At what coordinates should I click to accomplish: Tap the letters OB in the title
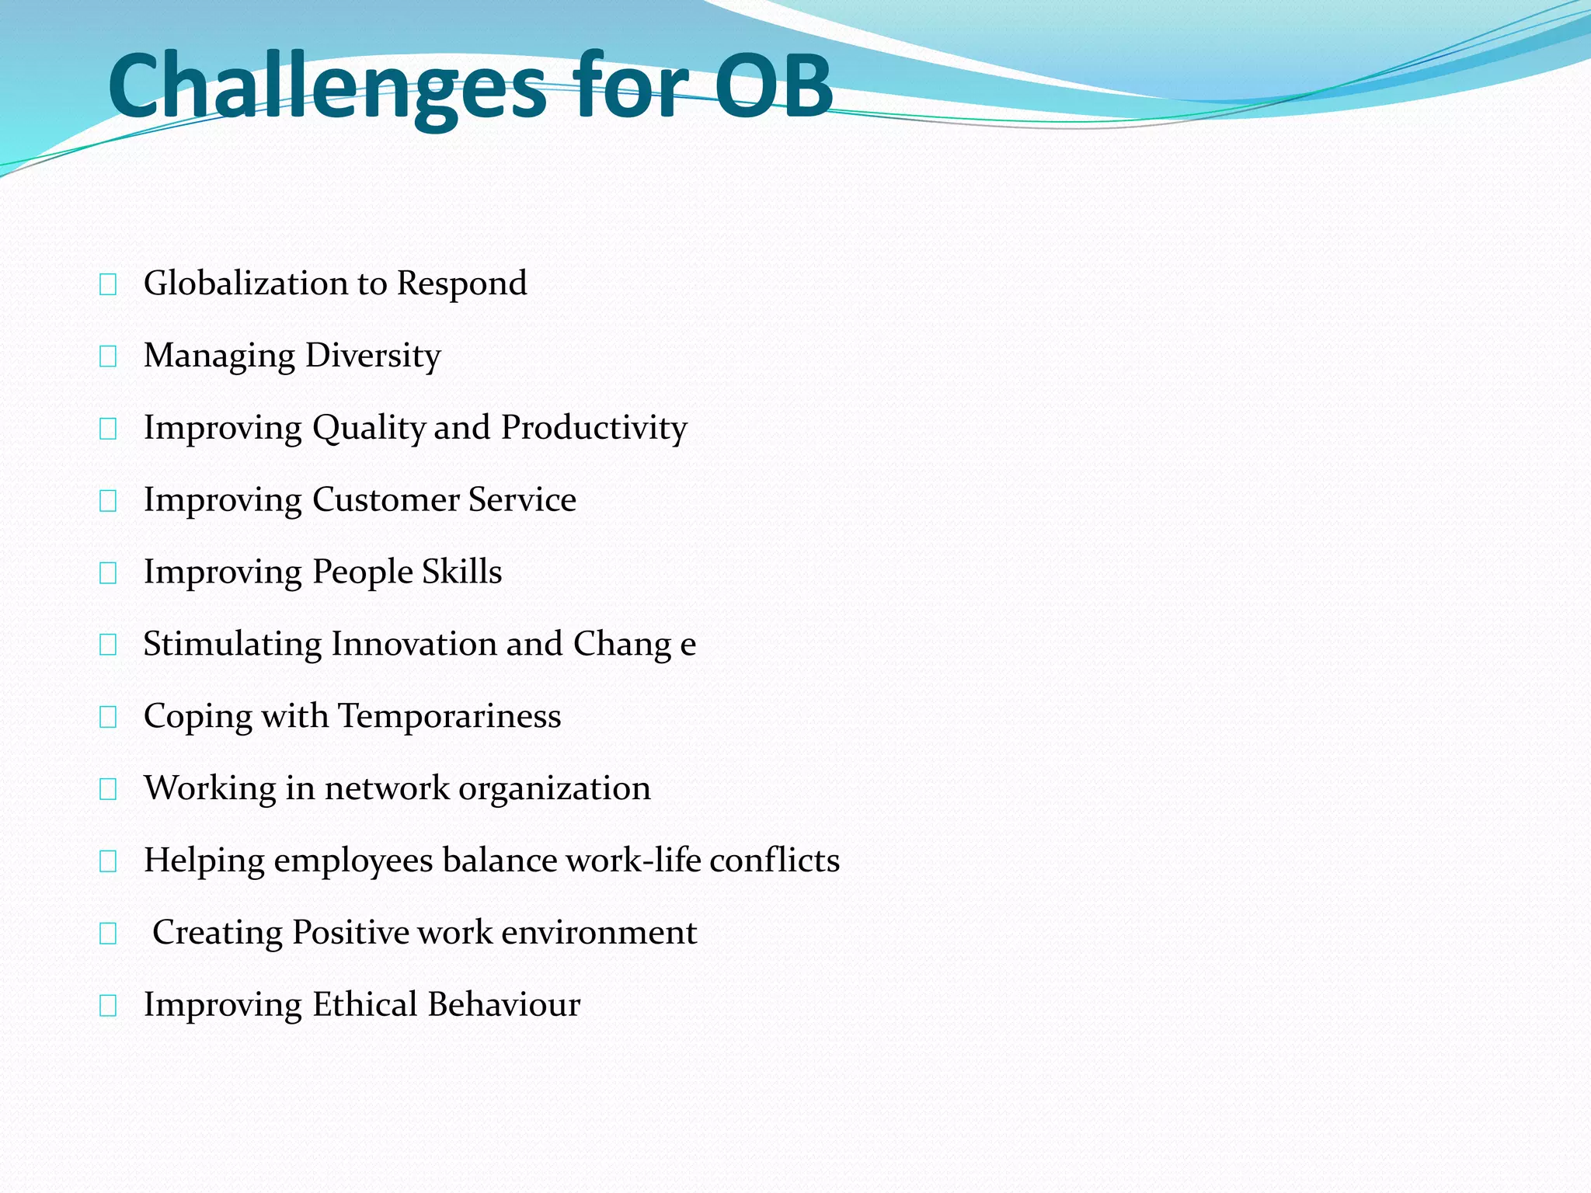773,85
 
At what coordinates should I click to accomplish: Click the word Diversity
373,356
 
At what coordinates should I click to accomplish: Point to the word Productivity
594,428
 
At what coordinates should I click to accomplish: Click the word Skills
462,572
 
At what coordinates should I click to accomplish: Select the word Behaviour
503,1004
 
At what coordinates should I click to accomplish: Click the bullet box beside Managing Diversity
108,357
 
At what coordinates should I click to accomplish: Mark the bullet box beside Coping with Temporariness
108,717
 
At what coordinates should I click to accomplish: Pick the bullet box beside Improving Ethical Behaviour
108,1006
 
